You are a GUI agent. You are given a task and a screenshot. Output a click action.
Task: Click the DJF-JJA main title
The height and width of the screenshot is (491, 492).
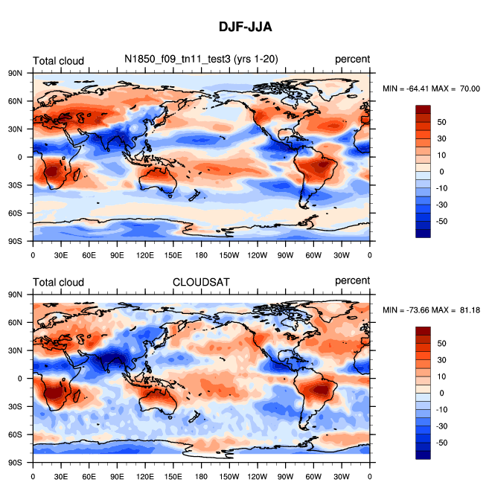point(245,27)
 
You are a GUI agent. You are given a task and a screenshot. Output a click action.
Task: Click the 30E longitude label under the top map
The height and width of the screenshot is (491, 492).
point(61,254)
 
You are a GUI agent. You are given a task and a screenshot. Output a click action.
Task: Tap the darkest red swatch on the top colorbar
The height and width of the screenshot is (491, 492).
point(423,109)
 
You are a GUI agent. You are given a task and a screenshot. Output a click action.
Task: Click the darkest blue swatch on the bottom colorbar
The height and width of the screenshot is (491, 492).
point(423,455)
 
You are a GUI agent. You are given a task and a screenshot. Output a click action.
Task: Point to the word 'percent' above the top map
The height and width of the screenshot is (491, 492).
point(352,60)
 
